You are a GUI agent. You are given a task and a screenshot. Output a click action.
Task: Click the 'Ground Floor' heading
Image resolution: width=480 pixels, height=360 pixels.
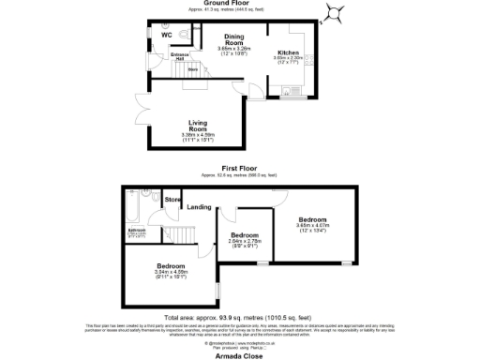239,4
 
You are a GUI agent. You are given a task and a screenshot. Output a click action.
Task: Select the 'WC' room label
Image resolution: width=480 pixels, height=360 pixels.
167,35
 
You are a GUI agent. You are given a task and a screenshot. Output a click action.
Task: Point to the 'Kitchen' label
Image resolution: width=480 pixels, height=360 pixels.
288,52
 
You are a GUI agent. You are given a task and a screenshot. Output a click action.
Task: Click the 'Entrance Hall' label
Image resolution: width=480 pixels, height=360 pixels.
177,58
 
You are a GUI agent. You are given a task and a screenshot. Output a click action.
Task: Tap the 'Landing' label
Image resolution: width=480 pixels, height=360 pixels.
198,206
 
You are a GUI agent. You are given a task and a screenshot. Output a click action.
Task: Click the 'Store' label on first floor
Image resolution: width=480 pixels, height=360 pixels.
172,199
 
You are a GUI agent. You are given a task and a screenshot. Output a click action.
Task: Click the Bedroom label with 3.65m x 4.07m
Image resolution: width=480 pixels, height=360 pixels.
313,219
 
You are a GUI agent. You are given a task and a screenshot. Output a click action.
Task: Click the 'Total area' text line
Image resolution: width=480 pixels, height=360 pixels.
238,316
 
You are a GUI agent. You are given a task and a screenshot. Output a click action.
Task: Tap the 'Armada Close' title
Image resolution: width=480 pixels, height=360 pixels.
238,352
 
